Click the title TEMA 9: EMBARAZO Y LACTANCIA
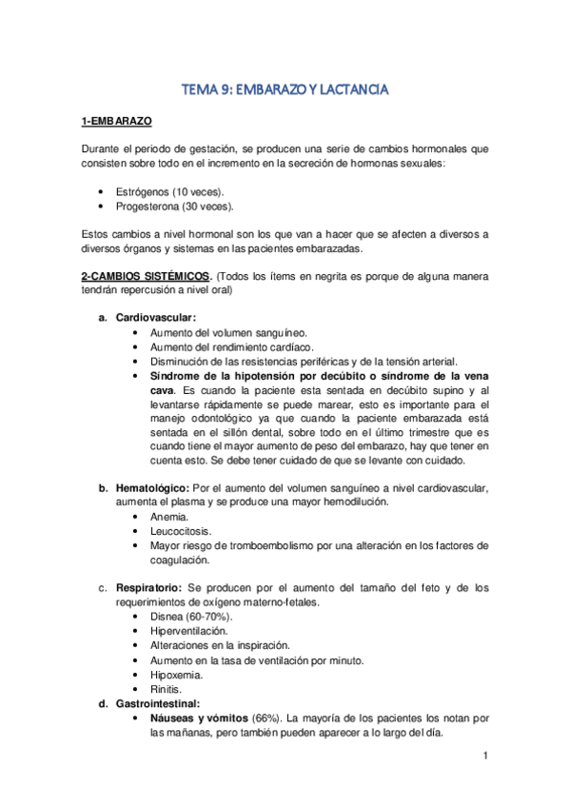pos(285,90)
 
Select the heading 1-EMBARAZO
pos(116,122)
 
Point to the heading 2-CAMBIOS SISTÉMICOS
pos(146,276)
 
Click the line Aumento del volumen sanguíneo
pos(228,333)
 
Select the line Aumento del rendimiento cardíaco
pos(231,347)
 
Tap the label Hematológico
pos(151,488)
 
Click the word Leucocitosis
pos(181,531)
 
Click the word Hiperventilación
pos(188,631)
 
